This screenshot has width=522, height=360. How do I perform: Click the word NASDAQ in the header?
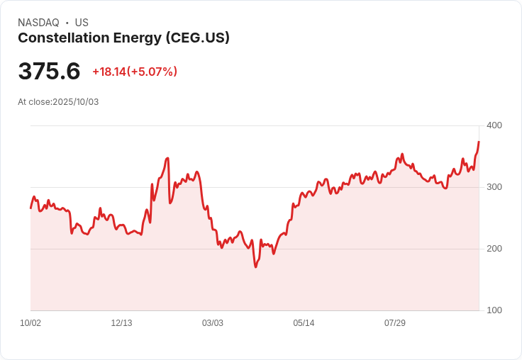pos(38,23)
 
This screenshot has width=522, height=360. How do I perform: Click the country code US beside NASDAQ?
pos(82,23)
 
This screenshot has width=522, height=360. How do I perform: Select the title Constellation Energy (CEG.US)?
pos(123,38)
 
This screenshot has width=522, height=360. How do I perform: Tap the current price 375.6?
pos(49,72)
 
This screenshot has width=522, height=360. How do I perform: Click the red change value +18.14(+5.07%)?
pos(135,72)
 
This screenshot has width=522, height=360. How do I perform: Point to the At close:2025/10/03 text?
pos(58,102)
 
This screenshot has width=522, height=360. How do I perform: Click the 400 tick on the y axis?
pos(494,125)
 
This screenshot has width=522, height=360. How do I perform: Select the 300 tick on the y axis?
pos(494,187)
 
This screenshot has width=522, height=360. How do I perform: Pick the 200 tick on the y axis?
pos(494,249)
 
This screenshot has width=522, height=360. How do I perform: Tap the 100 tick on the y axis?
pos(494,310)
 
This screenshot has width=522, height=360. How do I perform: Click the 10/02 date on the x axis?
pos(30,323)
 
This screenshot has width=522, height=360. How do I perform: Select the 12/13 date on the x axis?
pos(121,323)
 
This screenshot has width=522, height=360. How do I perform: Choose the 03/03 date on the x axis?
pos(213,323)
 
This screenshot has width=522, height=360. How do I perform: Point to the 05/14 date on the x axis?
pos(304,323)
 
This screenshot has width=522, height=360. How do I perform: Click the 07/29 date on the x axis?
pos(395,323)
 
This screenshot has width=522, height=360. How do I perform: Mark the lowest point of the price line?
pos(255,267)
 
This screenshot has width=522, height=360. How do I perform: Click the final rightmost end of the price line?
pos(479,142)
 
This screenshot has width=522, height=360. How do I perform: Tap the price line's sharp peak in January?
pos(167,158)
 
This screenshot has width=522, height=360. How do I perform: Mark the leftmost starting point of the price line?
pos(30,208)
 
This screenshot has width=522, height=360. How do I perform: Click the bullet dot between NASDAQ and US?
pos(67,23)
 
